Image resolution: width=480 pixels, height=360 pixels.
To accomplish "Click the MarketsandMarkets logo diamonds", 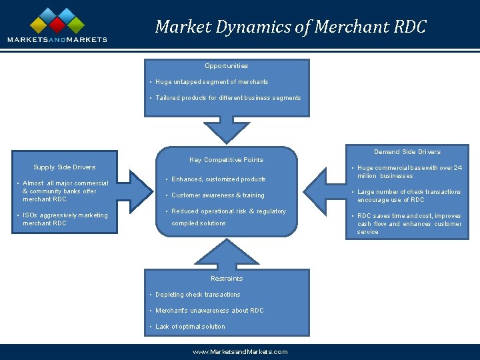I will click(x=57, y=21).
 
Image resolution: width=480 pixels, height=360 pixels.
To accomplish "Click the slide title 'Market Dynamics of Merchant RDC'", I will click(x=290, y=27).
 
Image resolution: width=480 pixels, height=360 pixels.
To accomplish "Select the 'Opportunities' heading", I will click(x=227, y=66).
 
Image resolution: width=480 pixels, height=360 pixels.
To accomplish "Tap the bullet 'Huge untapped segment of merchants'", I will click(x=211, y=82).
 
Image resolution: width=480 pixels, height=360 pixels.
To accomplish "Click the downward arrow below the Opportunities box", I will click(x=227, y=129).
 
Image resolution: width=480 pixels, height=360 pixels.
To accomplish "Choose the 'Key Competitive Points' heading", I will click(x=227, y=160).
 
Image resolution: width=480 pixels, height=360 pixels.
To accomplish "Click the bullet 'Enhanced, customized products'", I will click(x=218, y=179).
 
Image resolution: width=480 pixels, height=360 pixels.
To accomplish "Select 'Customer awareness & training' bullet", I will click(x=217, y=195).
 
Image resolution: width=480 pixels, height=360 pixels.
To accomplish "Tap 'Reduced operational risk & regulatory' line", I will click(x=229, y=211).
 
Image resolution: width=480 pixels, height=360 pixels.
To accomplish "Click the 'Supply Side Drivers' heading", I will click(x=65, y=167).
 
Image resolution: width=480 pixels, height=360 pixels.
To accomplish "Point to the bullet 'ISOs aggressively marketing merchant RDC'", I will click(x=65, y=219).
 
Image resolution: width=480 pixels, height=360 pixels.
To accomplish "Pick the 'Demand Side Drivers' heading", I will click(x=407, y=152).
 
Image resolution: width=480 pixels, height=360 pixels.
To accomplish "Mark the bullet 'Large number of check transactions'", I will click(x=409, y=196).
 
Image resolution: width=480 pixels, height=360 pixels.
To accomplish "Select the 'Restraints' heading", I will click(x=227, y=279).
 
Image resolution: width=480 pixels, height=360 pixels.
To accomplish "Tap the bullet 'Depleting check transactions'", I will click(x=197, y=295).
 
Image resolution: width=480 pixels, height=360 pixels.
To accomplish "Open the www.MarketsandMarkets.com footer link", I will click(x=240, y=352).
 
